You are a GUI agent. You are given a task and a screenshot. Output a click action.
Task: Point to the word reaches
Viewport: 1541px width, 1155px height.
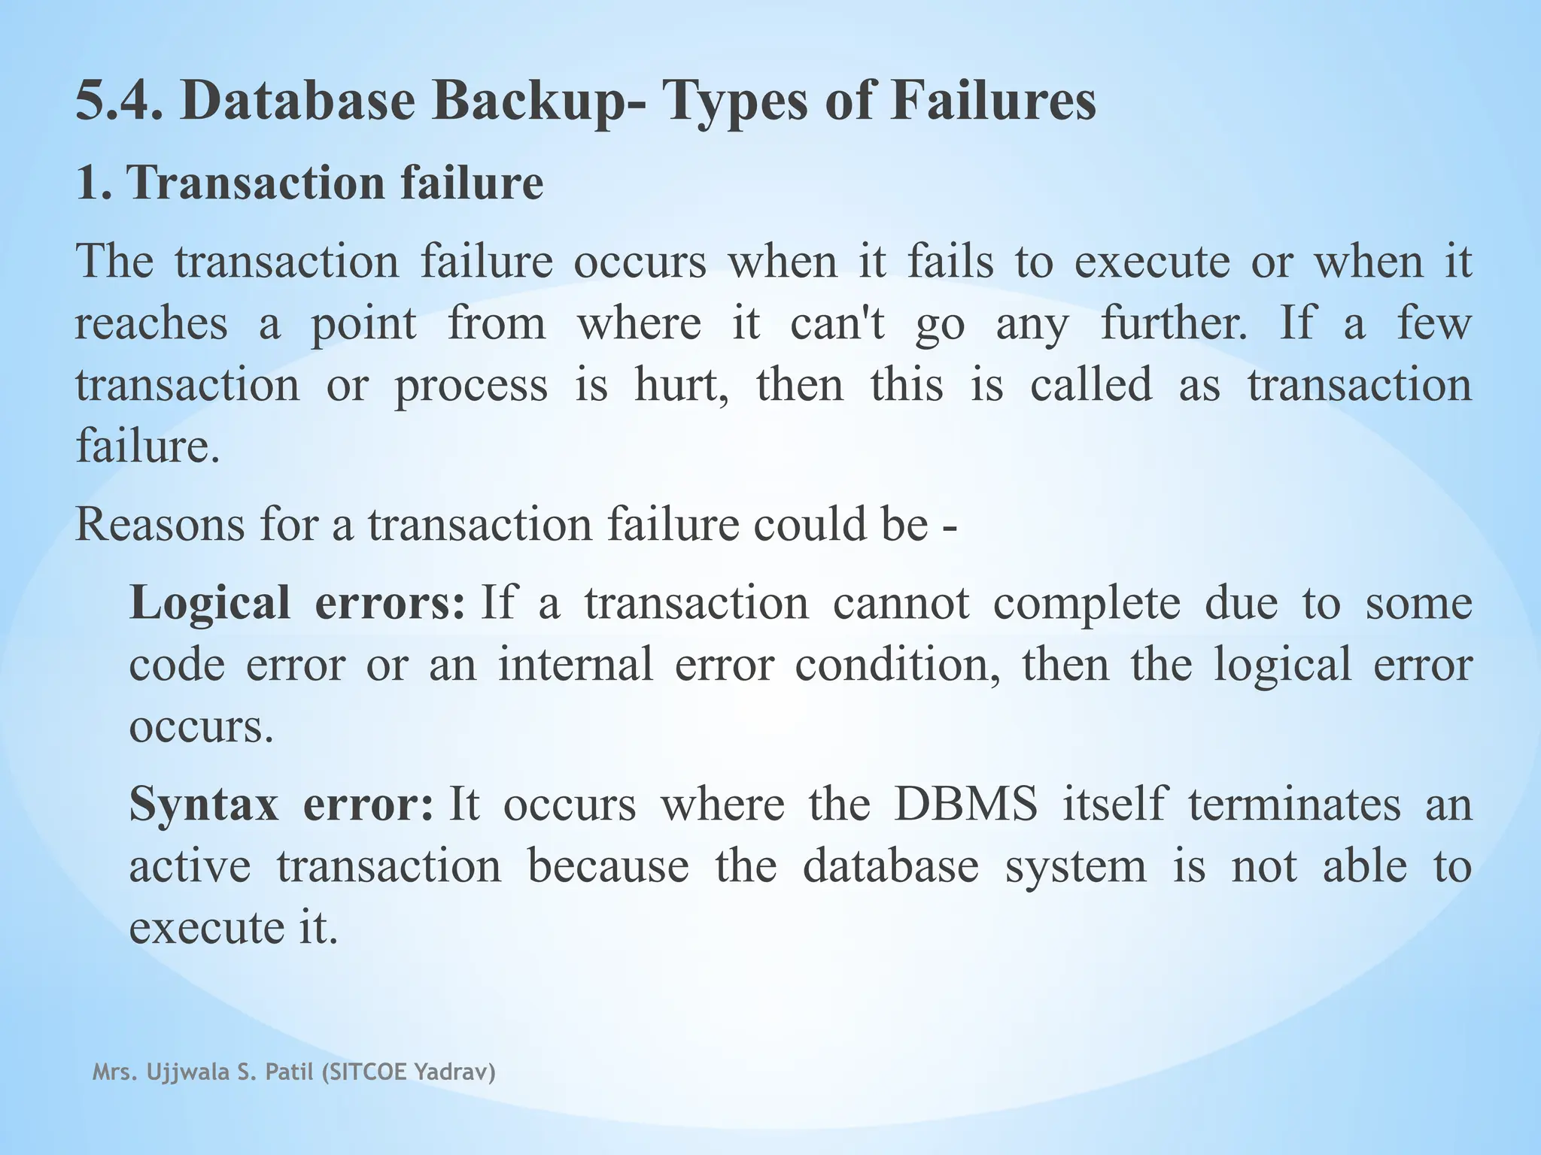coord(150,323)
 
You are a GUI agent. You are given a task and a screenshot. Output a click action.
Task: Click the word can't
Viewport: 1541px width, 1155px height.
coord(837,323)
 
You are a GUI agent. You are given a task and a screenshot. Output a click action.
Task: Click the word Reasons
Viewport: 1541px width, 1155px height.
coord(160,524)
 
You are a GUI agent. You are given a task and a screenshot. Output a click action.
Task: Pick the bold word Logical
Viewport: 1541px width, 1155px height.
coord(209,604)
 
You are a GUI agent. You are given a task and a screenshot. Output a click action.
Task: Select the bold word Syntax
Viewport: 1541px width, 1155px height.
coord(204,805)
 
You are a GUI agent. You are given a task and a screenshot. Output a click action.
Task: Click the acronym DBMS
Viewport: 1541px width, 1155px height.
coord(965,805)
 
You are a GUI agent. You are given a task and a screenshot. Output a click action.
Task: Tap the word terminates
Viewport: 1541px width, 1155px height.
coord(1294,805)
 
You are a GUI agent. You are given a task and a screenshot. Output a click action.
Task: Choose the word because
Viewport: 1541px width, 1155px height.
coord(608,866)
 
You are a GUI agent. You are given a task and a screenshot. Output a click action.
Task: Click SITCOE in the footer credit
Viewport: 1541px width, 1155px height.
coord(365,1073)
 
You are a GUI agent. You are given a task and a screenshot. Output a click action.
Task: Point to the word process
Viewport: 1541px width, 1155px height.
coord(471,386)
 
